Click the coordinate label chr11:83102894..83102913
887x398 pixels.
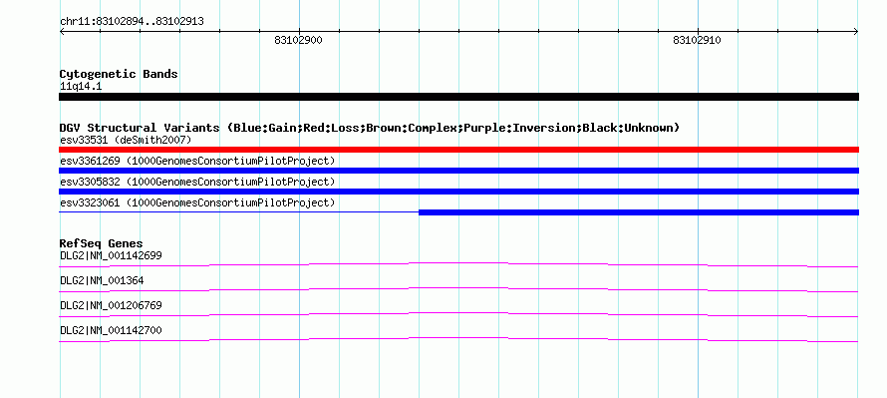[132, 22]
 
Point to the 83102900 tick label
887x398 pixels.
[299, 40]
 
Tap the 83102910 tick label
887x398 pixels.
[697, 40]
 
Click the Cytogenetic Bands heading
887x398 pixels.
[119, 74]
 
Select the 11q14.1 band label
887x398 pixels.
[81, 87]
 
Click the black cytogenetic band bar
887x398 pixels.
[458, 97]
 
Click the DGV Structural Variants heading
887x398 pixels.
[370, 128]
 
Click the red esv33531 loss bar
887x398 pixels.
[458, 150]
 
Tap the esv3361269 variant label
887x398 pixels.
[197, 161]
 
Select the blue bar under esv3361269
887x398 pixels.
[458, 171]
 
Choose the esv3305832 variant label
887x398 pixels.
[197, 182]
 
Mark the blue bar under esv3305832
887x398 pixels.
[458, 192]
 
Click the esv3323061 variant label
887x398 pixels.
[197, 202]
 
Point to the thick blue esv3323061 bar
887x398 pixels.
[639, 212]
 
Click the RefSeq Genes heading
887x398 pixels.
[102, 244]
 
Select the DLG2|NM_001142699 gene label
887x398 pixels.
[111, 256]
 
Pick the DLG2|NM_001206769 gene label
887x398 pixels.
[111, 305]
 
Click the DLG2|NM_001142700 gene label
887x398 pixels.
[111, 330]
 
